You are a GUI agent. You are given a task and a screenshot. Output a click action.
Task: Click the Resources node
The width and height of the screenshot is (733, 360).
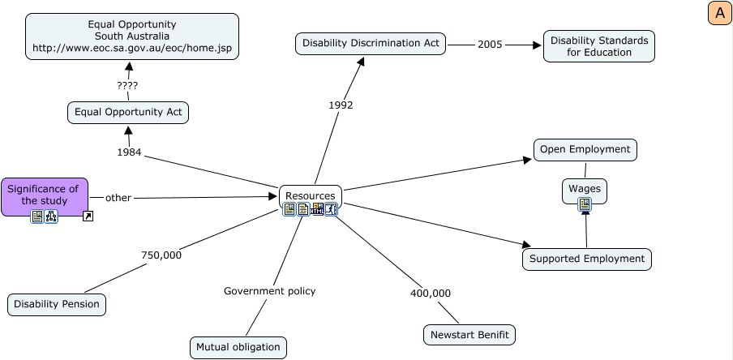[x=310, y=195]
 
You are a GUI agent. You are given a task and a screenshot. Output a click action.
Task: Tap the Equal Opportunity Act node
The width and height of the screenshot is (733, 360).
[x=128, y=112]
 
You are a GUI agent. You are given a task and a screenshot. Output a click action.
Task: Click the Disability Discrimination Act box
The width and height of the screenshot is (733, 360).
[x=371, y=43]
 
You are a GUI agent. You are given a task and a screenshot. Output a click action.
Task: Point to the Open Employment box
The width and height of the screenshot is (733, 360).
[x=585, y=149]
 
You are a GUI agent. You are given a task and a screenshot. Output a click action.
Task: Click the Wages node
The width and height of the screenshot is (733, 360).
[x=585, y=189]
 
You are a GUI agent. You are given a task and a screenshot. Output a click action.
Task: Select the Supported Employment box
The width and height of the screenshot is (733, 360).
[x=586, y=259]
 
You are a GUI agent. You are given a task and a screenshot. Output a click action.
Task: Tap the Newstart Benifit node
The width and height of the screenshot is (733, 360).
[x=469, y=334]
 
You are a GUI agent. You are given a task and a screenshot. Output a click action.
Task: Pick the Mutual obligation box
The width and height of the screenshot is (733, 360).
[x=238, y=347]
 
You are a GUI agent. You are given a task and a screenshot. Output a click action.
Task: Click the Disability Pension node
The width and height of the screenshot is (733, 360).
[x=58, y=305]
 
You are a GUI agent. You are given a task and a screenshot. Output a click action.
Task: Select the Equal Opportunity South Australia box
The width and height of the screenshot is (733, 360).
[x=132, y=36]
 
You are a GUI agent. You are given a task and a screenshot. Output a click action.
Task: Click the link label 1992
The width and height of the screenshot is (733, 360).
[x=341, y=105]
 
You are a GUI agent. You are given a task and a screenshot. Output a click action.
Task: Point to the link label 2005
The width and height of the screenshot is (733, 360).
[x=490, y=44]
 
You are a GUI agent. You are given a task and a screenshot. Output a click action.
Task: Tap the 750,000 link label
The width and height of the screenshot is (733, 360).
[x=161, y=255]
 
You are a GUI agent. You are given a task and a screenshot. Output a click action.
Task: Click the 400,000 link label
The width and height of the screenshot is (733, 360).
[x=431, y=293]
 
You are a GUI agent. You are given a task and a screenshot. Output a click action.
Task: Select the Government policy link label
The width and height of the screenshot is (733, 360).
[x=269, y=290]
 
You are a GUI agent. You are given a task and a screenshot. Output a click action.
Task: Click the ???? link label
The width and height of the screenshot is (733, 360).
[x=127, y=85]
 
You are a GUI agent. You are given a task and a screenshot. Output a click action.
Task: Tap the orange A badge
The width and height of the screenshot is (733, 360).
[x=719, y=13]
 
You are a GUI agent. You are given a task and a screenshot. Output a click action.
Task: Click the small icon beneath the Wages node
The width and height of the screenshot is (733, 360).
[x=585, y=205]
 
